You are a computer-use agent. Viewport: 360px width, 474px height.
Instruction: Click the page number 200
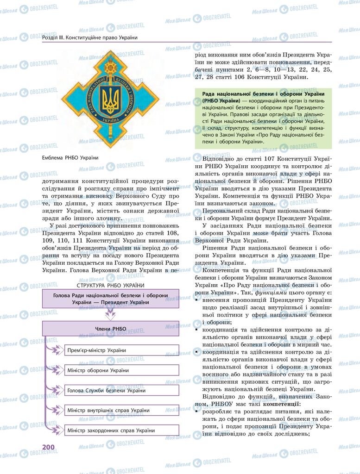tap(49, 447)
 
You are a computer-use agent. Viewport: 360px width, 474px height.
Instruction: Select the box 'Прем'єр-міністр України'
tap(121, 350)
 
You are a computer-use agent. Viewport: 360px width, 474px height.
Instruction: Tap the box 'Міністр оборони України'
tap(121, 370)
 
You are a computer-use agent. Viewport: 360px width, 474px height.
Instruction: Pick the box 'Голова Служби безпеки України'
tap(121, 390)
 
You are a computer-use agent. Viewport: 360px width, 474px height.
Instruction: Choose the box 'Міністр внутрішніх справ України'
tap(121, 410)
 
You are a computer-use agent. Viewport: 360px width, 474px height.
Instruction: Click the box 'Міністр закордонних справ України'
tap(121, 430)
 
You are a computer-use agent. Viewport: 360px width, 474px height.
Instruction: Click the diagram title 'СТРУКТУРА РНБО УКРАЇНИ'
tap(110, 285)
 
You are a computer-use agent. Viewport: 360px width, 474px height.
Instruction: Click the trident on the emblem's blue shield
tap(110, 98)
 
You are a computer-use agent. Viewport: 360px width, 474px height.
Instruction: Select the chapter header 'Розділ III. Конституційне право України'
tap(90, 37)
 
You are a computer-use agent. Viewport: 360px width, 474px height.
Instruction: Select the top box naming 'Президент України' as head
tap(110, 299)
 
